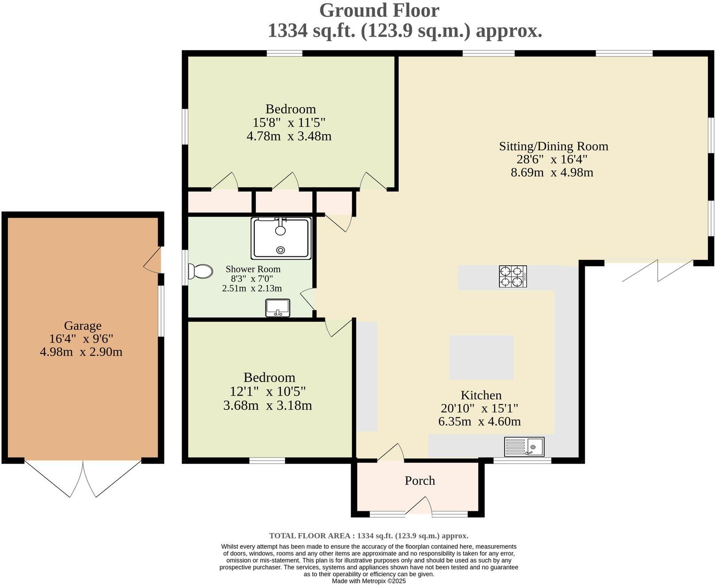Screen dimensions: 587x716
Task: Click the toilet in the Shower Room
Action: pyautogui.click(x=201, y=271)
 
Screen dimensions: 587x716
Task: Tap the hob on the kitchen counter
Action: pyautogui.click(x=512, y=276)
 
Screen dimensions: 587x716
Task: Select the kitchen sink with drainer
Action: pyautogui.click(x=524, y=446)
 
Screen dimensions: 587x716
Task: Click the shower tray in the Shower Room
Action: pyautogui.click(x=281, y=238)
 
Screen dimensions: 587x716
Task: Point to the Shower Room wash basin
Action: pyautogui.click(x=277, y=308)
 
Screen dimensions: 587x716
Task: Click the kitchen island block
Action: pyautogui.click(x=481, y=357)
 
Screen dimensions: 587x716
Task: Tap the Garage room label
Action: pyautogui.click(x=83, y=326)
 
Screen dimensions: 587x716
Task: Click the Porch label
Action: pyautogui.click(x=420, y=480)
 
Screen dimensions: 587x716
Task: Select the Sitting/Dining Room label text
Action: pyautogui.click(x=553, y=146)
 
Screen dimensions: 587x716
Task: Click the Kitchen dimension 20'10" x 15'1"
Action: pyautogui.click(x=479, y=408)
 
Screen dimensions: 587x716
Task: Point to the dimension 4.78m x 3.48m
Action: pyautogui.click(x=289, y=136)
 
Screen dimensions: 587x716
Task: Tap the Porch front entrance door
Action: pyautogui.click(x=419, y=507)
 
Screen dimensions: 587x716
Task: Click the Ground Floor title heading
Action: pyautogui.click(x=379, y=11)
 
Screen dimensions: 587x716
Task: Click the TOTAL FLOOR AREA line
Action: pyautogui.click(x=369, y=536)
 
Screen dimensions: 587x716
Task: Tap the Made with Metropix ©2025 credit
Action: pyautogui.click(x=368, y=581)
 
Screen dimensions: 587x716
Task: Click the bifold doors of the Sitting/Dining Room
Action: pyautogui.click(x=657, y=270)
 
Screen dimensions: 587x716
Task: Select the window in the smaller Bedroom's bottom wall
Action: pyautogui.click(x=267, y=461)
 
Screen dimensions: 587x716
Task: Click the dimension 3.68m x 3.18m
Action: pyautogui.click(x=267, y=405)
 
